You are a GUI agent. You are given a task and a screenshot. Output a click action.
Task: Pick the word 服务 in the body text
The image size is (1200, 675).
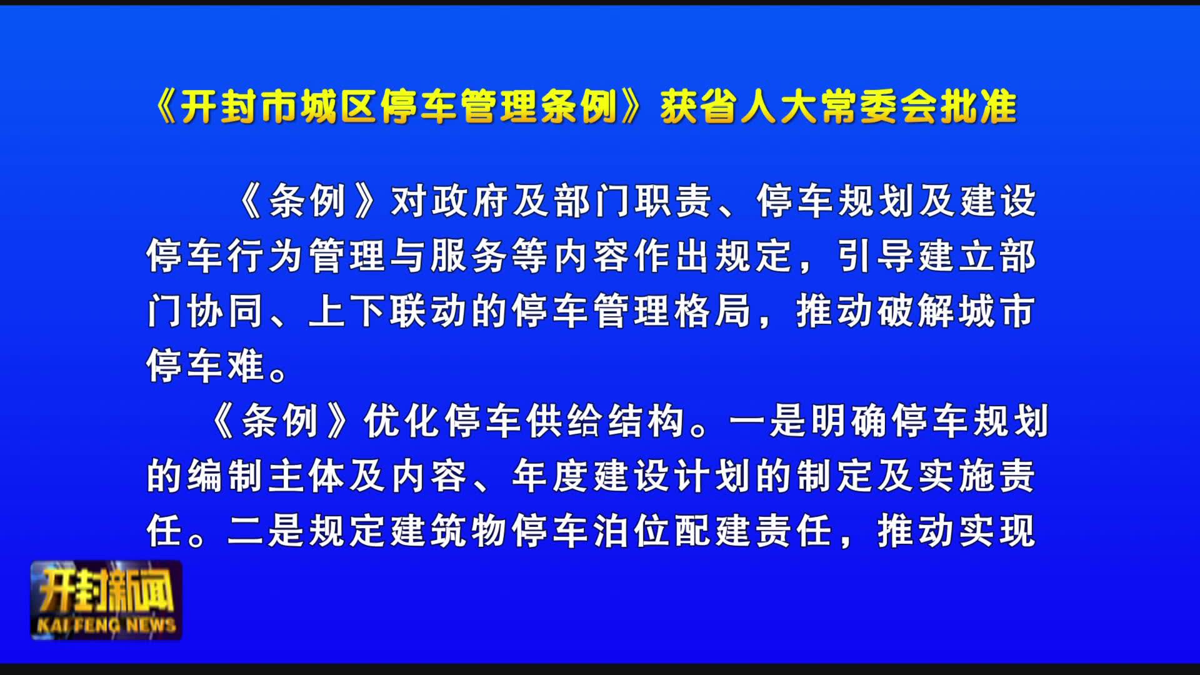pos(469,256)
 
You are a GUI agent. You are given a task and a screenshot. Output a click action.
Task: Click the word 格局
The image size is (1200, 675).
pos(713,311)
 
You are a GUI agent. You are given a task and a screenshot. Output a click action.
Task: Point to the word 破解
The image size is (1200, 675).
pos(916,311)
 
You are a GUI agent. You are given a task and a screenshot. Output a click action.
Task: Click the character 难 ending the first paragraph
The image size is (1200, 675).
pos(246,366)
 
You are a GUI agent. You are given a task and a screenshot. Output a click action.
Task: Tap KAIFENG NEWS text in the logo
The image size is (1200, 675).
pos(106,625)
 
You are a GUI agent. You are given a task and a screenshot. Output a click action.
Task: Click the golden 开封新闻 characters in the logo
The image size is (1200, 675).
pos(106,591)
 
